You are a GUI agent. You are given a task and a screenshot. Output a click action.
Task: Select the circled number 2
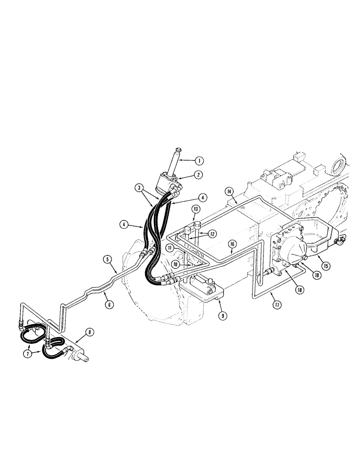coord(199,175)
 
